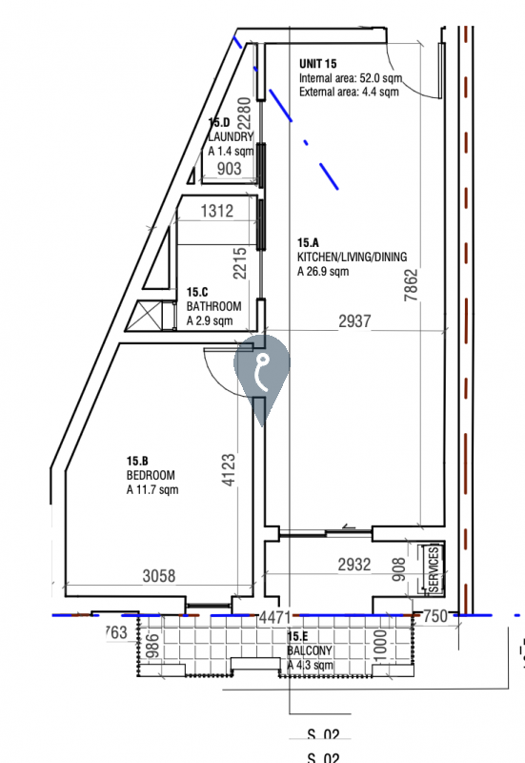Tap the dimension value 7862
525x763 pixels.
pyautogui.click(x=411, y=283)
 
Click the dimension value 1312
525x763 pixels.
pyautogui.click(x=217, y=212)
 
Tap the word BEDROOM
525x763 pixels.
pyautogui.click(x=150, y=474)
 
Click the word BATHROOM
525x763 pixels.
pyautogui.click(x=213, y=306)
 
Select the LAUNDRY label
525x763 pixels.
pyautogui.click(x=231, y=136)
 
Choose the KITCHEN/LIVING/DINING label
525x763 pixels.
pyautogui.click(x=351, y=258)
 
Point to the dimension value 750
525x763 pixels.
pyautogui.click(x=434, y=617)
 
